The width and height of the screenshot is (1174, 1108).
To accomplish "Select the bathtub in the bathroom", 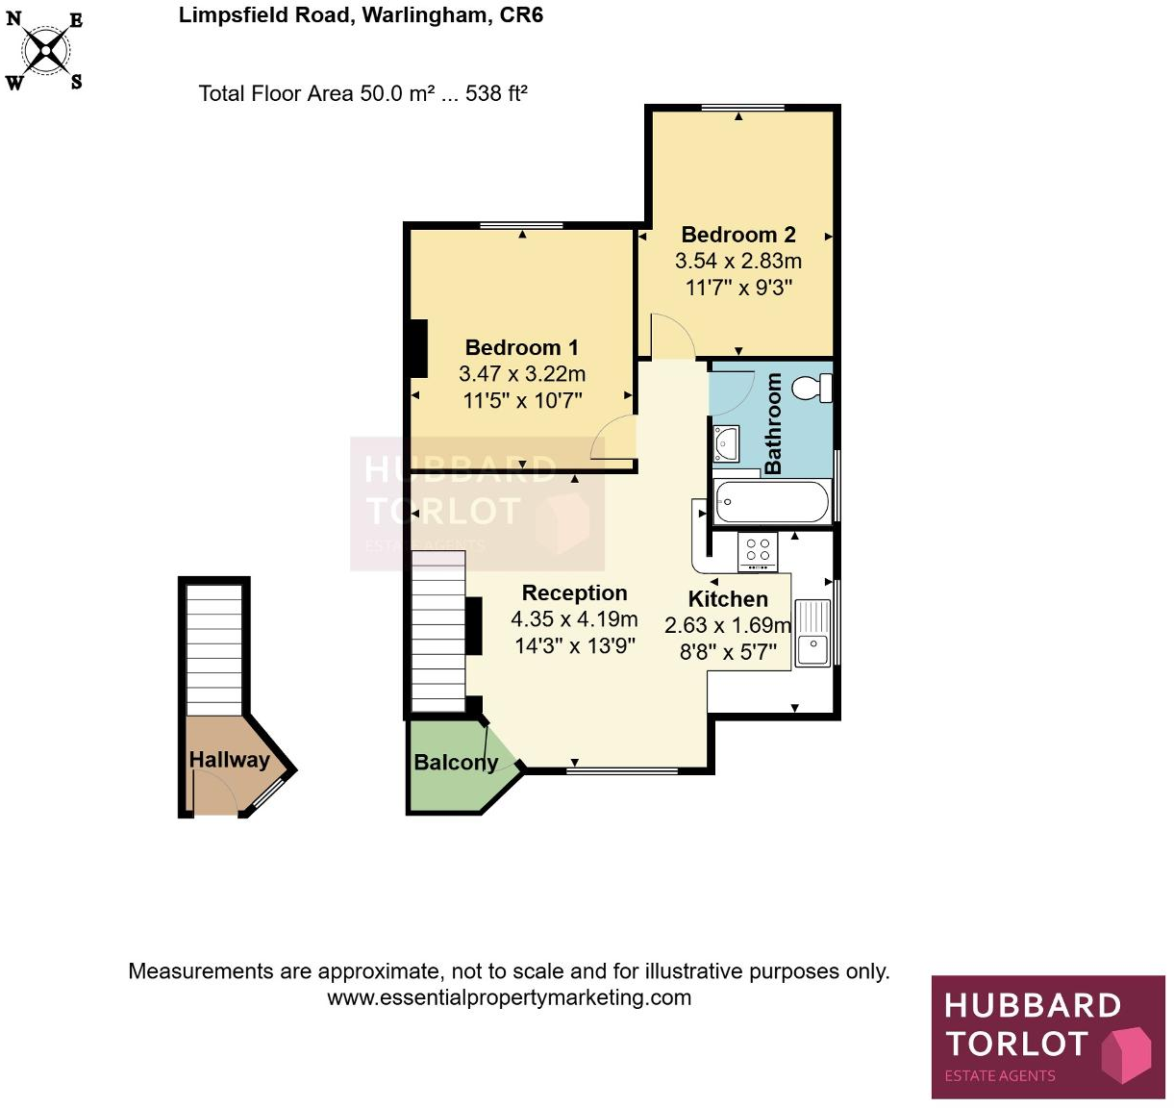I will coord(772,502).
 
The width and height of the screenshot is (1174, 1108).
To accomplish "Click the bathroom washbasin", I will coord(727,443).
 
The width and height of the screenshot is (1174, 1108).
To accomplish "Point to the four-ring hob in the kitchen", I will coord(758,551).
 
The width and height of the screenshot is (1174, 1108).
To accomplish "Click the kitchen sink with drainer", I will coord(812,631).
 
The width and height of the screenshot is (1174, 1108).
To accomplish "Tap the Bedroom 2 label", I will coord(738,235).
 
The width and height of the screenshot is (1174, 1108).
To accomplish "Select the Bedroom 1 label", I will coord(521,347).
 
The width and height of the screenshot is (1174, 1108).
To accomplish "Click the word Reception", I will coord(574,592).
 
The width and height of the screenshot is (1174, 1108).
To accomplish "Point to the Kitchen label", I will coord(728,599).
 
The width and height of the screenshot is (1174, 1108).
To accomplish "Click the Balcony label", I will coord(456,763).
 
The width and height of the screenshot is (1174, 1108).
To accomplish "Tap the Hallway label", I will coord(229,759).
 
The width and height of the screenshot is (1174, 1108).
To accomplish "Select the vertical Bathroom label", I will coord(773,424).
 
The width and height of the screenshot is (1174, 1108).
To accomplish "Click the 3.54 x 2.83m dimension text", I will coord(738,261).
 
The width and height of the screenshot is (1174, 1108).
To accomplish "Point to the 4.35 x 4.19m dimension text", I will coord(574,619).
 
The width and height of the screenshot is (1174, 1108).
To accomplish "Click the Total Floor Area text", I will coord(362,93).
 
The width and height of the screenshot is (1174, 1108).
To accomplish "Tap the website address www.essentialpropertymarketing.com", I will coord(509,997).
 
